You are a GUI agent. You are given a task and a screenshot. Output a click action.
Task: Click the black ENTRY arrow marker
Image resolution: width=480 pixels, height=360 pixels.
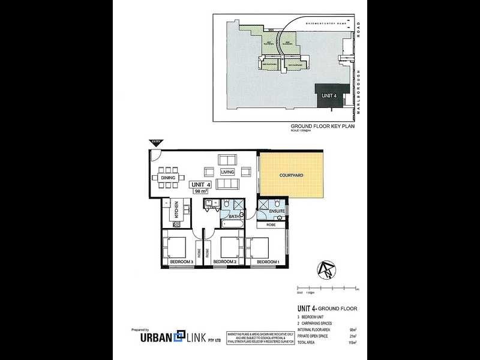coord(155,142)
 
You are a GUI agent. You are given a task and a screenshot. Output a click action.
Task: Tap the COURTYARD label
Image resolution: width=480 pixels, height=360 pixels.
coord(291,175)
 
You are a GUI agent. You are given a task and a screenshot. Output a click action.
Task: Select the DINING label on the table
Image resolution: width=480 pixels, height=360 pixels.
coord(168,178)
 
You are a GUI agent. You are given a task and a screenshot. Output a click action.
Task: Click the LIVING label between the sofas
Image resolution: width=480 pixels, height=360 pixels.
coord(227,172)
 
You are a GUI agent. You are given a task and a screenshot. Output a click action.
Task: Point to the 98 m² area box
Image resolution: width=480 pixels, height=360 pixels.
coord(201,191)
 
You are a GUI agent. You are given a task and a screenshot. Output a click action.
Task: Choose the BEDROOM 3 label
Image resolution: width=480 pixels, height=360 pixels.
coord(181,262)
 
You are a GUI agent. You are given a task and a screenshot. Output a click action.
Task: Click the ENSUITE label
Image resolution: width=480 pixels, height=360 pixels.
coord(277,211)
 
